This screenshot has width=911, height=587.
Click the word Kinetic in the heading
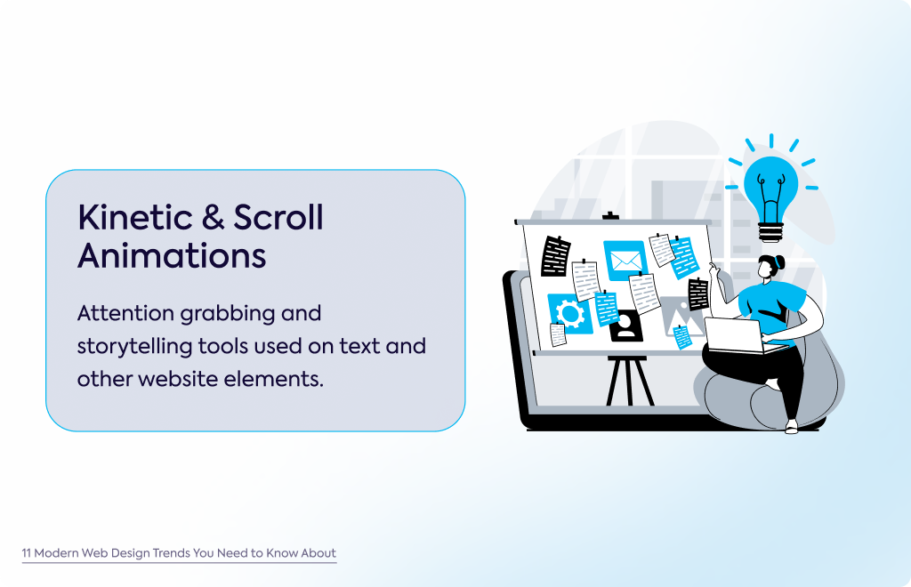point(135,218)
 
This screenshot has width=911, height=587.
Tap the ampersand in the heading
point(213,218)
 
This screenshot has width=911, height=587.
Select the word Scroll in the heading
point(278,217)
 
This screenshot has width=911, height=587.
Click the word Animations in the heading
point(172,255)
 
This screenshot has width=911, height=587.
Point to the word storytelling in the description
point(135,347)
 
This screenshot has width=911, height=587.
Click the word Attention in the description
point(125,314)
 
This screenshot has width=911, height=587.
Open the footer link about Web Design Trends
point(179,552)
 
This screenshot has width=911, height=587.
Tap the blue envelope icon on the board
point(625,260)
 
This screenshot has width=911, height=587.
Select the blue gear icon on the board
point(570,314)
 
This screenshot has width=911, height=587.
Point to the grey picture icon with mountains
point(681,316)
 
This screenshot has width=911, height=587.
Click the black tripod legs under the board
point(630,382)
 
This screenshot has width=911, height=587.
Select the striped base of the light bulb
point(771,232)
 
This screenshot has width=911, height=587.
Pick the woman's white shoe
point(791,427)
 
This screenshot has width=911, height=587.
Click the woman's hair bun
point(778,262)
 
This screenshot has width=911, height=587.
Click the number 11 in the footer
point(26,553)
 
